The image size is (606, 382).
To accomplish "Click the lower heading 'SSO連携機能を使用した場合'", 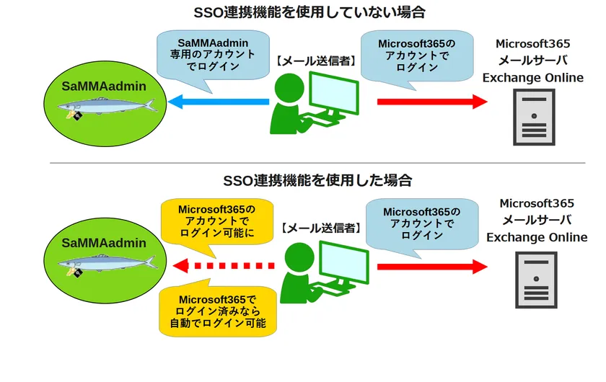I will [317, 180].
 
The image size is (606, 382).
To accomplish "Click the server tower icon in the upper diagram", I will [534, 117].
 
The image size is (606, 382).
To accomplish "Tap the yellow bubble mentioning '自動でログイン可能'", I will [217, 311].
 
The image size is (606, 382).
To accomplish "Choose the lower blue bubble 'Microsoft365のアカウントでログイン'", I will [421, 223].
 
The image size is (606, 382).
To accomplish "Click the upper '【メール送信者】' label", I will [315, 61].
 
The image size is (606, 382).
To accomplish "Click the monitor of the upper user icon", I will [333, 92].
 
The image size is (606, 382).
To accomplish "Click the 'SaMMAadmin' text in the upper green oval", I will [103, 86].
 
